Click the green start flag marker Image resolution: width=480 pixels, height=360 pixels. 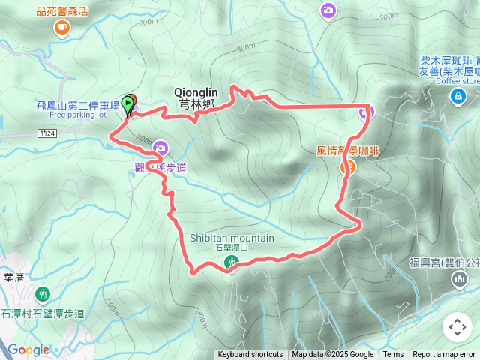(x=129, y=103)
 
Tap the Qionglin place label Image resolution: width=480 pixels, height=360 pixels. (x=196, y=91)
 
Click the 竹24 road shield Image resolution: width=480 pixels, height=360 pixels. (x=46, y=133)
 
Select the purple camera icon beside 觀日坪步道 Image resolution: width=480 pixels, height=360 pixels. (x=159, y=150)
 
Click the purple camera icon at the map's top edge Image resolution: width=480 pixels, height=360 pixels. (x=328, y=10)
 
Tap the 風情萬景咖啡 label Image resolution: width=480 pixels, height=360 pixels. (x=348, y=151)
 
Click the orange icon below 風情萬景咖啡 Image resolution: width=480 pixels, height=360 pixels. (x=348, y=167)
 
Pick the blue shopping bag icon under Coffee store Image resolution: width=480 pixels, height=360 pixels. (x=457, y=96)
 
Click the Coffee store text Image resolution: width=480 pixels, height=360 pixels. (x=457, y=81)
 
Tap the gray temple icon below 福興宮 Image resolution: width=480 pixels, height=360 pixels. (x=459, y=280)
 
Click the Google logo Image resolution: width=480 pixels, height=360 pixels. (x=28, y=349)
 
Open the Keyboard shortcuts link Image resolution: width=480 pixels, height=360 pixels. (x=250, y=355)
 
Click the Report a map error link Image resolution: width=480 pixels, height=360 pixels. (x=444, y=355)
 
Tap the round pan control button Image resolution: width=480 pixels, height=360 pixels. (x=457, y=327)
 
